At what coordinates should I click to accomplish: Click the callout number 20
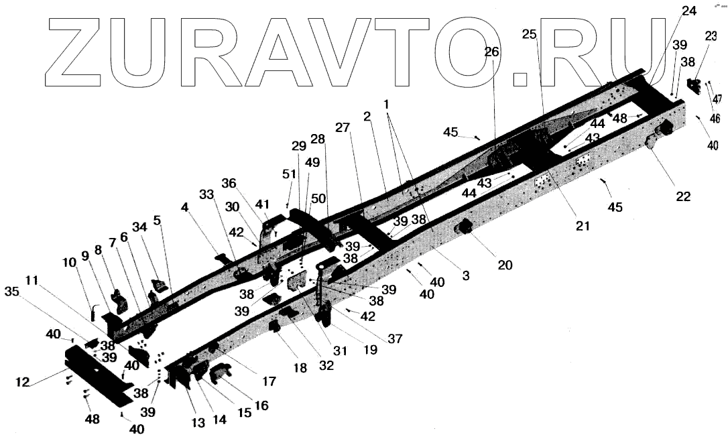pos(504,265)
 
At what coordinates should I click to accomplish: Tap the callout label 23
pos(710,38)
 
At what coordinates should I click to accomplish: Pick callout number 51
pos(288,174)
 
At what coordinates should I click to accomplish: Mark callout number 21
pos(582,226)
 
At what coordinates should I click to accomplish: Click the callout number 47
pos(717,99)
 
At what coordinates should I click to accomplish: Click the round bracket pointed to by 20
pos(463,230)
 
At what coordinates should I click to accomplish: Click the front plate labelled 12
pos(97,375)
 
